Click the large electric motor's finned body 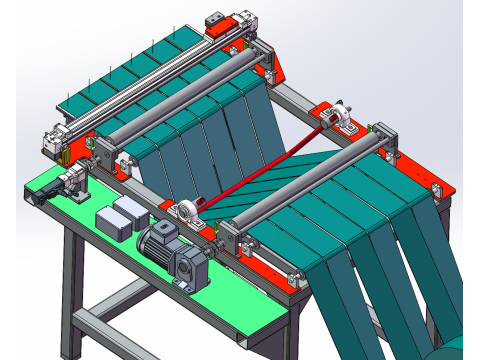(158, 240)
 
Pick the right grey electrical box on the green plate (131, 209)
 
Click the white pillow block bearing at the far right (340, 120)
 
